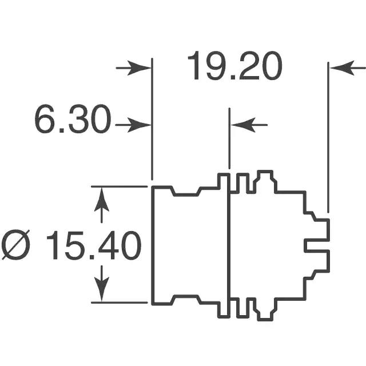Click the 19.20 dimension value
[x=235, y=66]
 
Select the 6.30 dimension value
[x=73, y=120]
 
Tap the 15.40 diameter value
[x=94, y=245]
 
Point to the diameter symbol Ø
[x=15, y=245]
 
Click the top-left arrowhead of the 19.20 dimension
[x=140, y=68]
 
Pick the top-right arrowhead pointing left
[x=343, y=68]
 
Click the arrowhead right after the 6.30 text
[x=140, y=125]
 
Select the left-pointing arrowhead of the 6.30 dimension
[x=243, y=125]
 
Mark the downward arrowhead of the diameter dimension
[x=102, y=289]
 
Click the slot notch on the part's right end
[x=317, y=245]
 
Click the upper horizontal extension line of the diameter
[x=120, y=186]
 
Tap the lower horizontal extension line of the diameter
[x=120, y=303]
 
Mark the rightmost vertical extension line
[x=328, y=137]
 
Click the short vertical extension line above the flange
[x=229, y=138]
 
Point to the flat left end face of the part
[x=153, y=245]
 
